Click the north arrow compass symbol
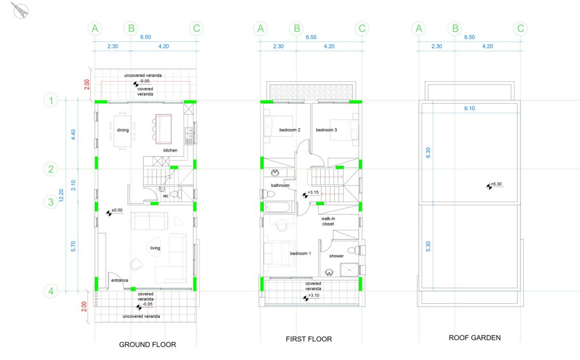coord(20,10)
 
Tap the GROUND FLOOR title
coord(147,345)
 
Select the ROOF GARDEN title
coord(474,337)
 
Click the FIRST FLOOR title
coord(308,339)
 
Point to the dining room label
coord(123,130)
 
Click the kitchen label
coord(170,150)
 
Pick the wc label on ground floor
coord(165,196)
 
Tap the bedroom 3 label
coord(326,129)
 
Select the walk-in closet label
coord(328,221)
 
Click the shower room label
coord(336,256)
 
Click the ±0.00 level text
coord(117,210)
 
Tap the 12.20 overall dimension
coord(61,195)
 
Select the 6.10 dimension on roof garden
coord(469,108)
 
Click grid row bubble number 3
coord(51,202)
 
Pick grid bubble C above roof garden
coord(520,28)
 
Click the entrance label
coord(119,280)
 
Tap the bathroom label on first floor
coord(280,185)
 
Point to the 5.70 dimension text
coord(73,246)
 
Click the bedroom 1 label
coord(301,253)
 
